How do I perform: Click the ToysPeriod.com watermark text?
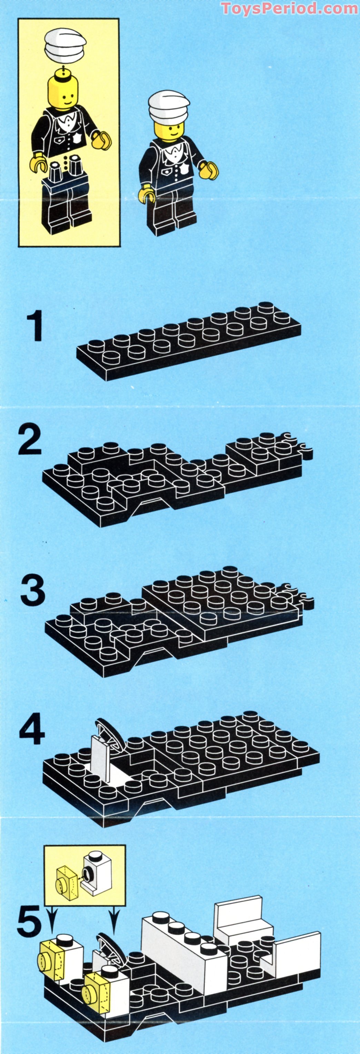(290, 8)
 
